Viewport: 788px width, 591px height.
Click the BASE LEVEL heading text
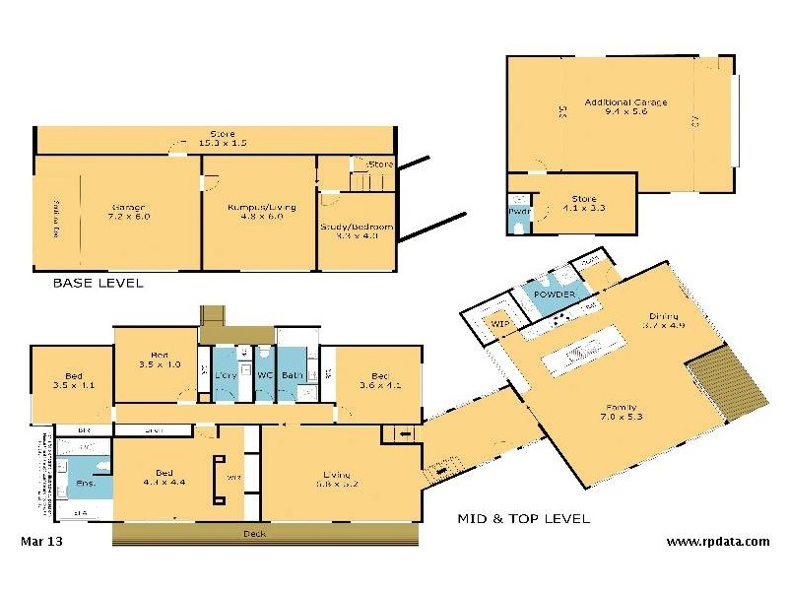[98, 283]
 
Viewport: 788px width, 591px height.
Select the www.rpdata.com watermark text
[717, 541]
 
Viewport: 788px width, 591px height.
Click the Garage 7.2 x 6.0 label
[129, 212]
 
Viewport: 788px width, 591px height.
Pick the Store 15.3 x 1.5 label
[215, 139]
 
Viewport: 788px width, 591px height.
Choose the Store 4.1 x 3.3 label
[584, 203]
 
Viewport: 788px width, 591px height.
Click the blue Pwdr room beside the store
[518, 218]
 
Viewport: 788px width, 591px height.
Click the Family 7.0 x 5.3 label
[621, 413]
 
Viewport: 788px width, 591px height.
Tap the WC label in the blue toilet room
[264, 375]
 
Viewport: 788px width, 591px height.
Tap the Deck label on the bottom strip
[254, 534]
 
